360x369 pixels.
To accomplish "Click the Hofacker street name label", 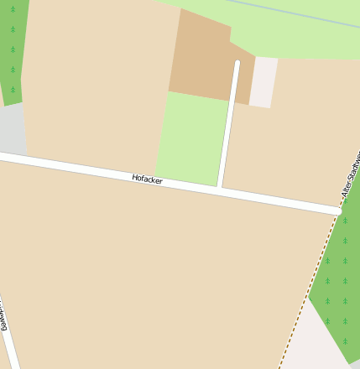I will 147,179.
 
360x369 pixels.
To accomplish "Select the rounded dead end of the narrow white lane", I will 237,63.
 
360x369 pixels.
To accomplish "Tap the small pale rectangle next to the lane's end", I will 263,82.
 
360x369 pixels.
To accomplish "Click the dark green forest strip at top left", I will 12,50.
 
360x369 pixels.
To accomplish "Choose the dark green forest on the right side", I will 340,277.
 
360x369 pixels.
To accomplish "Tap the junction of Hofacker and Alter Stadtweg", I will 338,210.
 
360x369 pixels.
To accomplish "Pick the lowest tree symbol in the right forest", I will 345,340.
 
